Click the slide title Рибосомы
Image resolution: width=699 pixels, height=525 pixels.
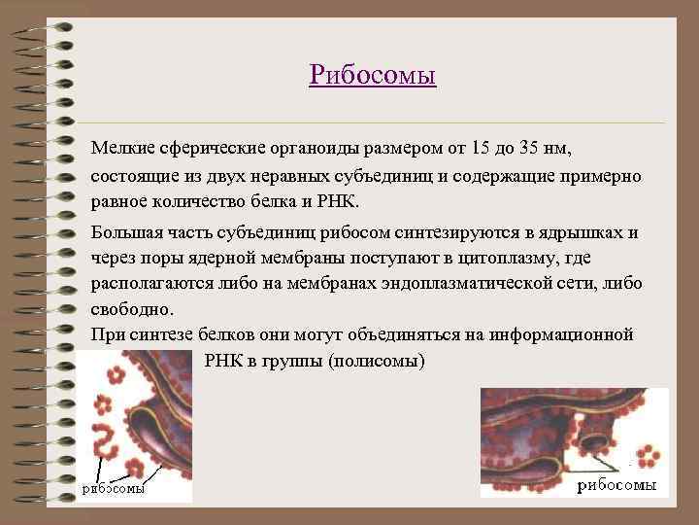(373, 75)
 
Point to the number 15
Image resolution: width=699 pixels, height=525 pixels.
(480, 148)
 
